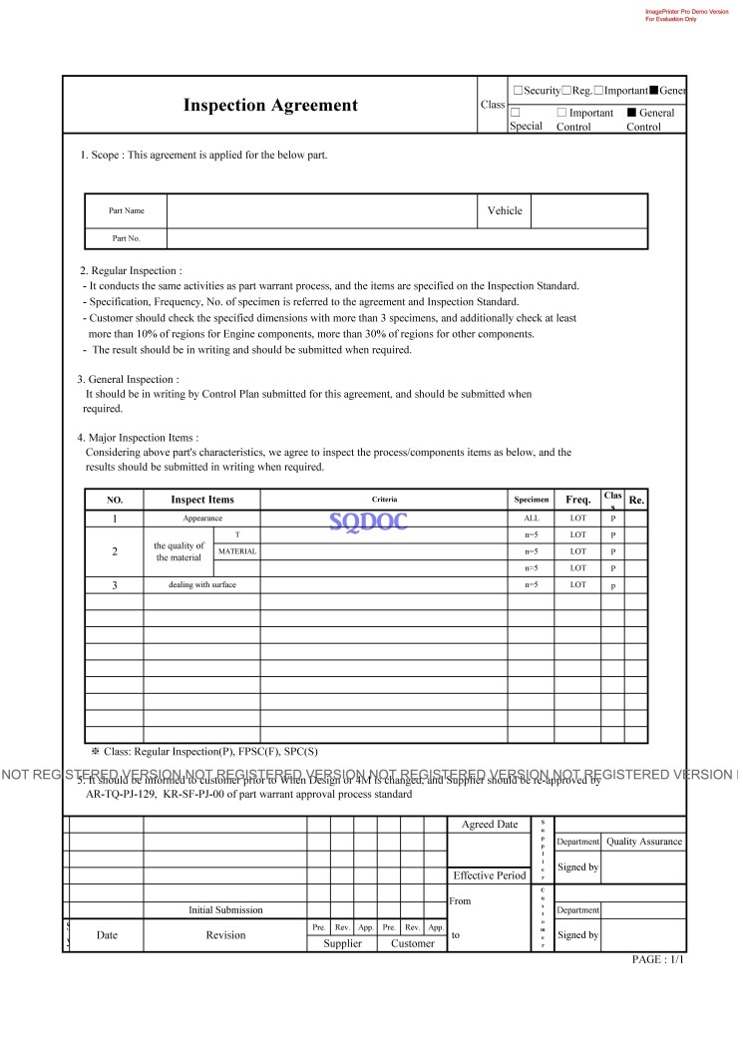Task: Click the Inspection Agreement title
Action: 270,105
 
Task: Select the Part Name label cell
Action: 126,211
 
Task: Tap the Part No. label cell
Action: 126,238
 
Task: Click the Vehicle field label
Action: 505,210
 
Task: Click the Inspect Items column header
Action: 202,500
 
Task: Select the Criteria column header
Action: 384,500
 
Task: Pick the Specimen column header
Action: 531,500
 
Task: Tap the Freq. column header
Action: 577,500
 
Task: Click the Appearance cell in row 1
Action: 202,519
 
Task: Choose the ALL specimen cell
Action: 531,519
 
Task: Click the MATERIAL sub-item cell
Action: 237,551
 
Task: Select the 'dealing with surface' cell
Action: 202,584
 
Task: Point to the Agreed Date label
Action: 490,825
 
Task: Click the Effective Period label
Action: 490,875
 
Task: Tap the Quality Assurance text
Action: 644,842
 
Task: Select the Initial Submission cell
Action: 225,909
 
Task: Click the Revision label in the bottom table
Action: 225,935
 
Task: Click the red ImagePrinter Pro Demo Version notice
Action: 686,15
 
